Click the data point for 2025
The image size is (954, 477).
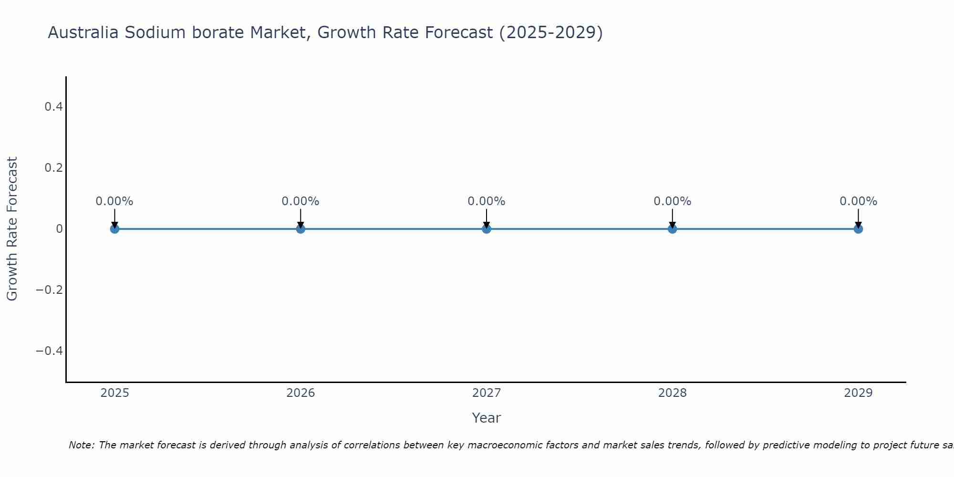click(114, 229)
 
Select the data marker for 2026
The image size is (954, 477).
click(301, 229)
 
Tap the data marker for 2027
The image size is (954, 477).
click(487, 229)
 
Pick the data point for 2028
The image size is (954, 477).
click(672, 229)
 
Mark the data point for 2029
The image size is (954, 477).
click(858, 229)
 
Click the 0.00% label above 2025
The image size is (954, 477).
click(114, 201)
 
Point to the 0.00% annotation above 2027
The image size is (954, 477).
click(487, 201)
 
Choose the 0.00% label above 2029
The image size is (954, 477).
click(858, 201)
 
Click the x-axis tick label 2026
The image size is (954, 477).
click(301, 393)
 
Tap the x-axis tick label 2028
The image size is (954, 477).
click(672, 393)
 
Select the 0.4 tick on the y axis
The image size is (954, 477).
click(53, 107)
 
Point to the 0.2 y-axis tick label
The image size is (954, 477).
click(53, 168)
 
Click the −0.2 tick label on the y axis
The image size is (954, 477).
click(50, 290)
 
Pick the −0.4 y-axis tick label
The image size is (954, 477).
click(50, 351)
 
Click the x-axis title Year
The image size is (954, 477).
click(486, 418)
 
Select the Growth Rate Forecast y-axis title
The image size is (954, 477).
click(12, 229)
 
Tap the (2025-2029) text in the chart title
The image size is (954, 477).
click(551, 33)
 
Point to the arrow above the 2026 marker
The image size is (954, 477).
click(301, 218)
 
